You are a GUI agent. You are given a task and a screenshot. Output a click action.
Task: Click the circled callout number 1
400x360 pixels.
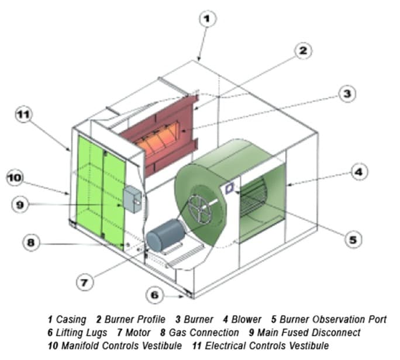(x=207, y=18)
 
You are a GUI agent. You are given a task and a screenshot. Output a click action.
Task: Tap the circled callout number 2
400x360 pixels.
(x=303, y=51)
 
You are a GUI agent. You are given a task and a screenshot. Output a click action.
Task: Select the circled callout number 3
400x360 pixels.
(x=347, y=94)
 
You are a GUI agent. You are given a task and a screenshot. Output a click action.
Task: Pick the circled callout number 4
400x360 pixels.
(x=359, y=172)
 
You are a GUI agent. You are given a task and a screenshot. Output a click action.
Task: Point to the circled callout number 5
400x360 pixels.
(x=353, y=240)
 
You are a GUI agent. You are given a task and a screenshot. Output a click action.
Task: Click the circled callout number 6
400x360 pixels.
(x=154, y=295)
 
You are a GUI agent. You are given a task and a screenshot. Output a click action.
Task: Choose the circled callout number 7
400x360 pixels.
(x=85, y=282)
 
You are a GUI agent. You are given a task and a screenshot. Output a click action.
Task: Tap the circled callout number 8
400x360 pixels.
(x=32, y=243)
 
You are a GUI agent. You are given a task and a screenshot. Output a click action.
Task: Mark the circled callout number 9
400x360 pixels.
(x=20, y=205)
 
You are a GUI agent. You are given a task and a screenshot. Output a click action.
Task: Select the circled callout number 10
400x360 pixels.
(x=15, y=177)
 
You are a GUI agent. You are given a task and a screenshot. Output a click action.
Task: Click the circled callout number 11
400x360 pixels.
(x=24, y=115)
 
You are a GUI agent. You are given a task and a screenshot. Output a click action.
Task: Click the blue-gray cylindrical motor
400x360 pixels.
(x=166, y=235)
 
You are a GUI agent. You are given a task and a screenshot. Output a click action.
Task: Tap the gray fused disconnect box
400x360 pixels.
(x=133, y=199)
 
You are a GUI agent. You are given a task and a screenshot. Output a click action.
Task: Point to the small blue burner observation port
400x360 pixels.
(x=229, y=188)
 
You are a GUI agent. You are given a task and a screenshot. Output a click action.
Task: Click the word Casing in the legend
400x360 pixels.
(x=71, y=320)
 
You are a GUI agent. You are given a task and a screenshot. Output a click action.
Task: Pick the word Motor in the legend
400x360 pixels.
(x=138, y=333)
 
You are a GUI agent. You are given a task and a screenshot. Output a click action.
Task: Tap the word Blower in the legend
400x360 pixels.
(x=246, y=320)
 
